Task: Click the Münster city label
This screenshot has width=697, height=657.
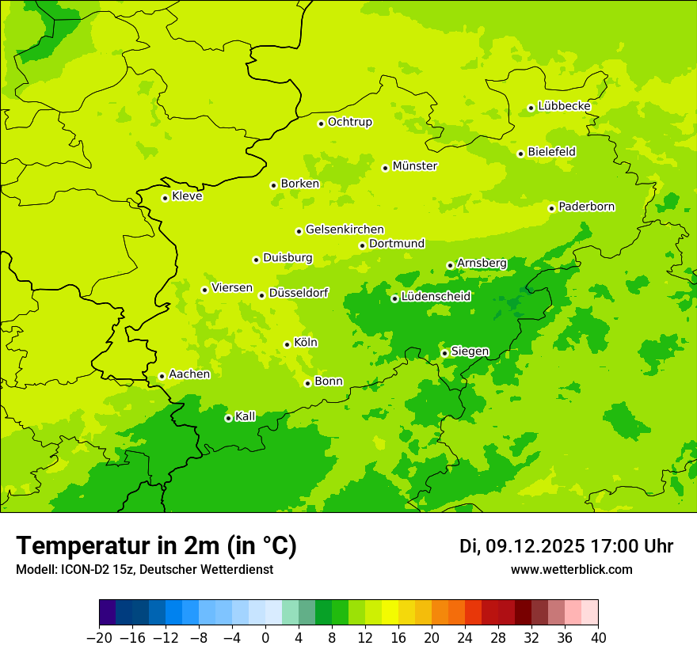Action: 415,166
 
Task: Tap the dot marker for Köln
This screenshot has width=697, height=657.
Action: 287,344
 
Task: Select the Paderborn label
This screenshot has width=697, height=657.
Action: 586,207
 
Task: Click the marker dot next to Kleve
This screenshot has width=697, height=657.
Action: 165,198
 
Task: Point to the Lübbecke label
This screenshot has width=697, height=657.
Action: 564,106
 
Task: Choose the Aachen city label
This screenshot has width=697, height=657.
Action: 189,374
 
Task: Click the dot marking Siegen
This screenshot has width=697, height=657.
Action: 444,353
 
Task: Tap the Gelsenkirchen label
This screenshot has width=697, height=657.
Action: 345,230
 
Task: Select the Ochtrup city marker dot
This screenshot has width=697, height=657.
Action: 321,123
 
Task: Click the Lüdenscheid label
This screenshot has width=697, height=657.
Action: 436,297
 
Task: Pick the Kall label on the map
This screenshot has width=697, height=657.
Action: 246,416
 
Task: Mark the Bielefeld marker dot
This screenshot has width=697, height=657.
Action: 520,154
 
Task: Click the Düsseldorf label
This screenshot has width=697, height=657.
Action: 298,293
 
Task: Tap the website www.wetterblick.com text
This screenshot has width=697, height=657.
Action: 571,569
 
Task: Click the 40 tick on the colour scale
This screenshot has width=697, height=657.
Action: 598,638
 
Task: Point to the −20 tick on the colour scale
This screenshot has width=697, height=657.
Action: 99,638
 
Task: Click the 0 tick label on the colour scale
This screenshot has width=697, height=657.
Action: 265,638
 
